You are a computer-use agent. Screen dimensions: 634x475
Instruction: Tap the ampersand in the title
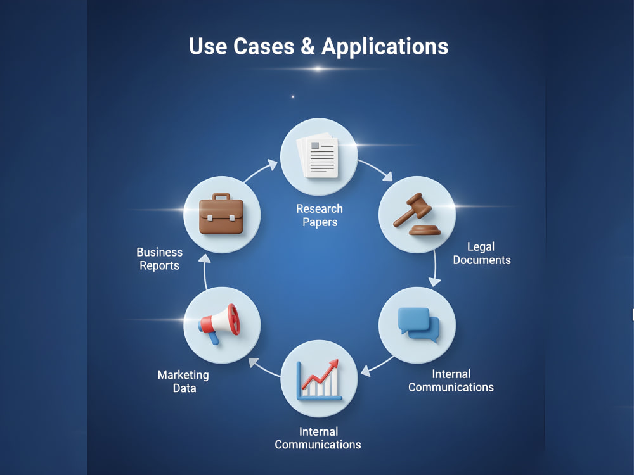click(x=307, y=46)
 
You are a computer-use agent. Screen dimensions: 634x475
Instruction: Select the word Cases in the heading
click(x=264, y=46)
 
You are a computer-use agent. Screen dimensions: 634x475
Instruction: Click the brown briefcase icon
click(x=221, y=213)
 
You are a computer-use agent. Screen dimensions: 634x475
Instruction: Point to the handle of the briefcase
click(x=221, y=197)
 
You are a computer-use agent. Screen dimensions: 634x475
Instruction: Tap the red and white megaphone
click(x=219, y=324)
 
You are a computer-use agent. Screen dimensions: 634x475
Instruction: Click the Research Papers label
click(x=320, y=215)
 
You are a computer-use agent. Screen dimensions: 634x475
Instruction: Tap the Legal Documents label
click(x=482, y=253)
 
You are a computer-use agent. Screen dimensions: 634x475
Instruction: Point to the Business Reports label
click(x=159, y=259)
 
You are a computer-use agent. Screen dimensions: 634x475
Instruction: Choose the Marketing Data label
click(x=184, y=381)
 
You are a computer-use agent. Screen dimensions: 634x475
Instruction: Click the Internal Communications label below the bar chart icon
click(x=318, y=438)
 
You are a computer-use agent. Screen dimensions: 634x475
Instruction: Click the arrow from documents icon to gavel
click(x=376, y=168)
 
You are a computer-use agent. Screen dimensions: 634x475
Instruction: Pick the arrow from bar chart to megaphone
click(x=263, y=367)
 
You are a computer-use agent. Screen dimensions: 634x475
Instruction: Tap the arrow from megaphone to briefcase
click(x=205, y=272)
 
